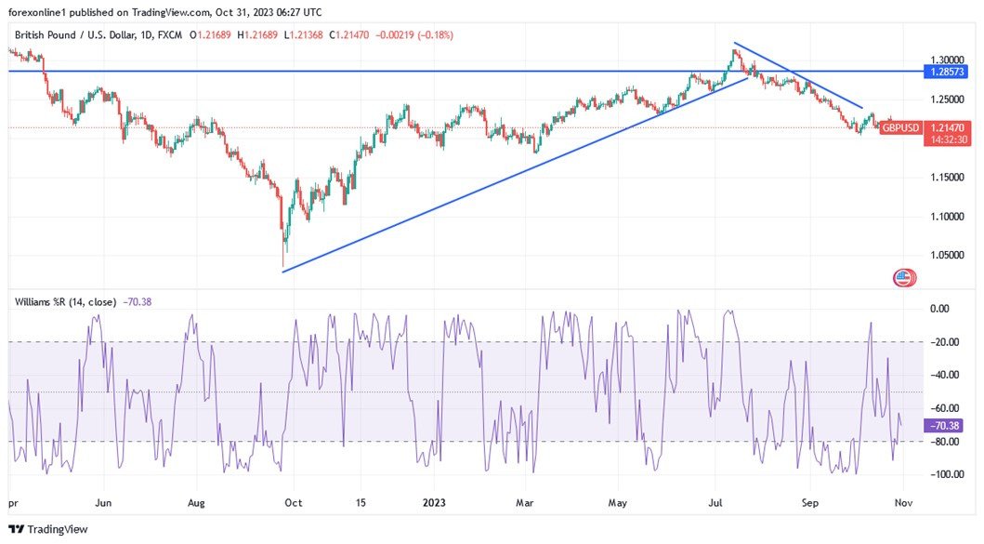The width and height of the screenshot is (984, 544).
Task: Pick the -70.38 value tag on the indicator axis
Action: coord(946,426)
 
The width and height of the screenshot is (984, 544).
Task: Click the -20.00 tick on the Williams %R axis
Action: coord(947,343)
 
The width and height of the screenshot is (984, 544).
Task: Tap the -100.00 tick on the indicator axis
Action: coord(946,474)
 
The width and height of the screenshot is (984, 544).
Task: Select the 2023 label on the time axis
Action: coord(434,502)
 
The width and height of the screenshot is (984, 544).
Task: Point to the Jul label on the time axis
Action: coord(716,502)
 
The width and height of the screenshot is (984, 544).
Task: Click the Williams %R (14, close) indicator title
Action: coord(71,301)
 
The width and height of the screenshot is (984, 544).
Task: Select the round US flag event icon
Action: coord(902,276)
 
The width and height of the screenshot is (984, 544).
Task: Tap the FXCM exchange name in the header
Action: coord(171,35)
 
